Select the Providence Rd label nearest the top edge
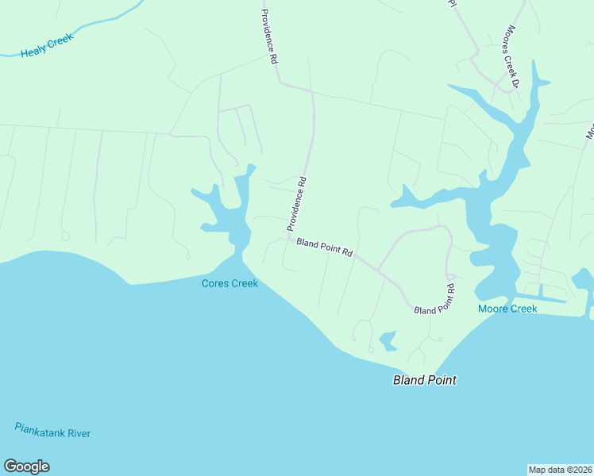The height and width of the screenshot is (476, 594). (270, 36)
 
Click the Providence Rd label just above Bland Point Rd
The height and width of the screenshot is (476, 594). (296, 205)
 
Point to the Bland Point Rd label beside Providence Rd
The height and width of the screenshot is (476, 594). (324, 248)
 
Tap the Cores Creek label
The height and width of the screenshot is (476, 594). (229, 283)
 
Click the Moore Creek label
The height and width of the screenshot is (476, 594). (507, 309)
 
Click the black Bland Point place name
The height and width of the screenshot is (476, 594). (425, 381)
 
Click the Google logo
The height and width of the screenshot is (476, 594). (26, 466)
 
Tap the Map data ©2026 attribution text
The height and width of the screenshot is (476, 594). (560, 470)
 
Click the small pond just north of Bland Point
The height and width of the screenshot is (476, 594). (388, 340)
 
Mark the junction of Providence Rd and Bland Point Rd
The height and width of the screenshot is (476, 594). (289, 236)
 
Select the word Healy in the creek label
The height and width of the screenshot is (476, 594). (34, 50)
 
